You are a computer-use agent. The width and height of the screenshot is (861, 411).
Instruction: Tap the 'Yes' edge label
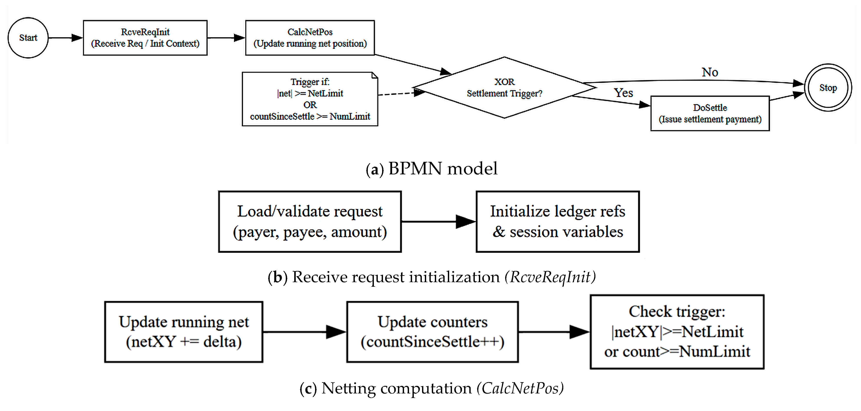point(623,93)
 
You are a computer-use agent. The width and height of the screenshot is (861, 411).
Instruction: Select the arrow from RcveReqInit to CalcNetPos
point(226,38)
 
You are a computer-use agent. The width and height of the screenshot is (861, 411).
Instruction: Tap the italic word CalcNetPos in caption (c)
point(520,388)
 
